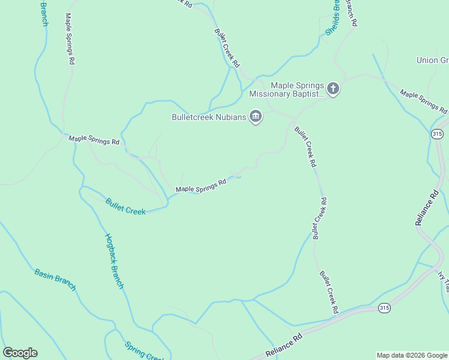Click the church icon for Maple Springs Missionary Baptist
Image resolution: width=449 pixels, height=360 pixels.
pos(333,89)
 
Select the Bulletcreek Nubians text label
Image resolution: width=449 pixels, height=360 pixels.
pos(209,117)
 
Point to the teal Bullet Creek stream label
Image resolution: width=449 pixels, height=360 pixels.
pos(125,206)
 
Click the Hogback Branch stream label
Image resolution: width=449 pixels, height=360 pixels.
pos(113,261)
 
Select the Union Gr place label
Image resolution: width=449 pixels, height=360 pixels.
pos(432,60)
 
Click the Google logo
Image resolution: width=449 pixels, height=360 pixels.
pos(20,353)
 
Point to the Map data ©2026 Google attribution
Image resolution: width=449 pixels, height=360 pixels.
pos(411,355)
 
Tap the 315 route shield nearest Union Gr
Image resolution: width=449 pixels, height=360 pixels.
pos(437,134)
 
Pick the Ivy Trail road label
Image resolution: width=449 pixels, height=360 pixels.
pos(442,282)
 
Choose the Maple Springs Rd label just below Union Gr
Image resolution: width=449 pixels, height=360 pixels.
pos(423,102)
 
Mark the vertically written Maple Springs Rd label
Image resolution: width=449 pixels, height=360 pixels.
pos(70,39)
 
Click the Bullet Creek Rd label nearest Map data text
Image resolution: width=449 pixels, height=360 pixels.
pos(328,292)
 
